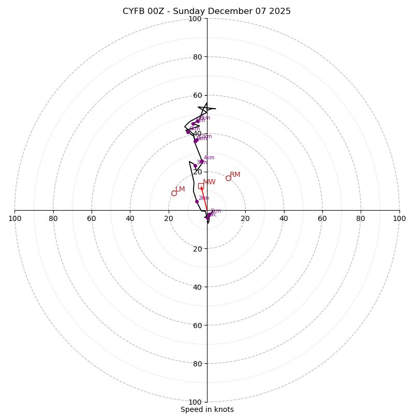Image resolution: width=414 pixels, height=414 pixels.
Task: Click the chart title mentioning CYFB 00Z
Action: tap(206, 11)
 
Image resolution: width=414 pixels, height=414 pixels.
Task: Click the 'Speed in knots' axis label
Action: tap(207, 409)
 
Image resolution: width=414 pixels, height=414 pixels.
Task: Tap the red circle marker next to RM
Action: tap(228, 178)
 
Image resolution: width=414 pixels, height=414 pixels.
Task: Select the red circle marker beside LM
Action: tap(174, 193)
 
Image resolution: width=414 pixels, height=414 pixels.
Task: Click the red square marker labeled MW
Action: tap(201, 186)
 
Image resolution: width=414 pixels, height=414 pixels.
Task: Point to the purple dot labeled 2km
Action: tap(197, 201)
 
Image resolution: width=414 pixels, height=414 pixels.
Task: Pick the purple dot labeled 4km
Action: tap(202, 161)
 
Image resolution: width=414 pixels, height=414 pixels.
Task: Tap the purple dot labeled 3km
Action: tap(195, 166)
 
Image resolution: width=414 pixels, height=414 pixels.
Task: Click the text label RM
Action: tap(235, 174)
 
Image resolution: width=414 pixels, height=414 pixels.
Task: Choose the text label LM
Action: tap(180, 189)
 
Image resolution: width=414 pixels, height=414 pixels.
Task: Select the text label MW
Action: tap(209, 182)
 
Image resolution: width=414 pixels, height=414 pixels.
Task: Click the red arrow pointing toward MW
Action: tap(204, 199)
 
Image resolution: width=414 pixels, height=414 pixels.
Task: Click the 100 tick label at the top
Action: tap(195, 19)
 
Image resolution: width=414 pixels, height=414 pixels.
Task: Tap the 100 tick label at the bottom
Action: tap(195, 402)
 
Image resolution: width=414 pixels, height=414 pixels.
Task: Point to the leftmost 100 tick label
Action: tap(15, 218)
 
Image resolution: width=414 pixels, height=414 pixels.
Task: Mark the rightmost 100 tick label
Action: tap(399, 218)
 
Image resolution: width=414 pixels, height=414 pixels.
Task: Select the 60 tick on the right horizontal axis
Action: tap(322, 218)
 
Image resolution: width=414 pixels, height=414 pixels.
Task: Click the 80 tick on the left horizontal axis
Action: tap(53, 218)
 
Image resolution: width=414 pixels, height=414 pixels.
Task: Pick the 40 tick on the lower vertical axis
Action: tap(197, 287)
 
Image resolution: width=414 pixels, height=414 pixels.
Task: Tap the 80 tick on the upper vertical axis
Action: tap(197, 57)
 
